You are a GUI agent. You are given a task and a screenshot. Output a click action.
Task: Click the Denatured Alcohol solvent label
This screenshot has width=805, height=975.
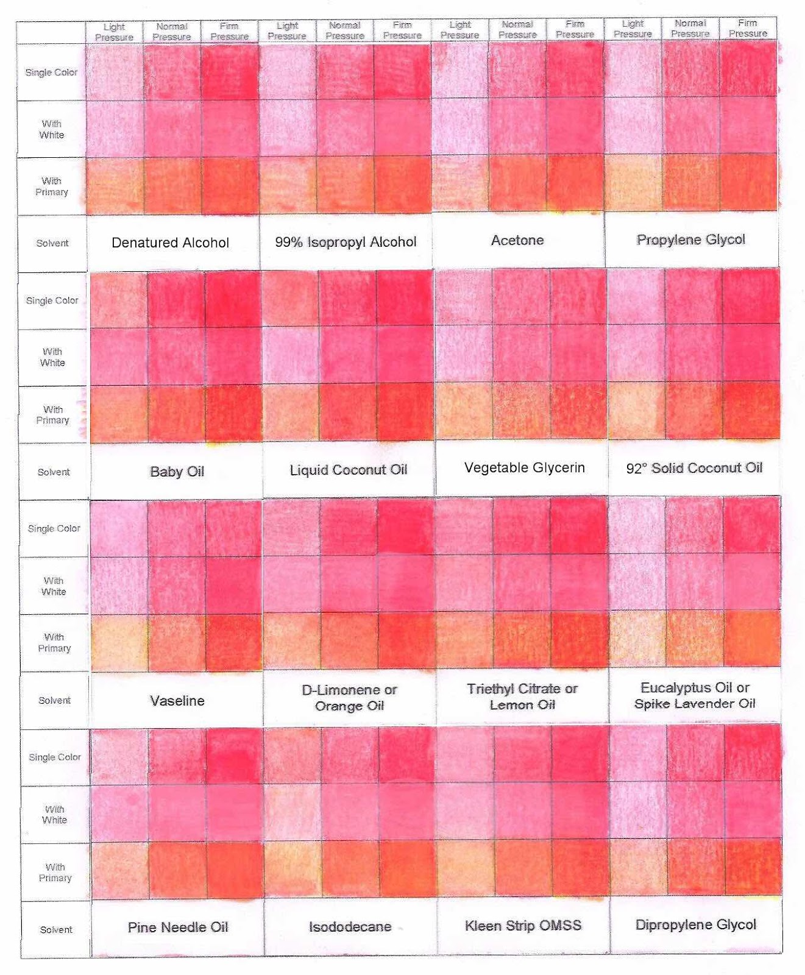pyautogui.click(x=170, y=243)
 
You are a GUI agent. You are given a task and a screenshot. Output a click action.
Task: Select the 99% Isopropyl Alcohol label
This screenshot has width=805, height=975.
pyautogui.click(x=346, y=242)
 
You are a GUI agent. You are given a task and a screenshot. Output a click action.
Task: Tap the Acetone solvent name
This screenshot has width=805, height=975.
pyautogui.click(x=517, y=240)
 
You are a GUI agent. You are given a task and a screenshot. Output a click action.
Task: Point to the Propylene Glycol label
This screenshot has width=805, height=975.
pyautogui.click(x=690, y=239)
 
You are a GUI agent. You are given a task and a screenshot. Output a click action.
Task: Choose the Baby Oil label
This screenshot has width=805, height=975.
pyautogui.click(x=177, y=471)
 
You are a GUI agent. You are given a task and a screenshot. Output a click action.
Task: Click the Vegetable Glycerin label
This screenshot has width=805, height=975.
pyautogui.click(x=524, y=467)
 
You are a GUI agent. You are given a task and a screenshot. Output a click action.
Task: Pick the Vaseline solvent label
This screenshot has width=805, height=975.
pyautogui.click(x=177, y=701)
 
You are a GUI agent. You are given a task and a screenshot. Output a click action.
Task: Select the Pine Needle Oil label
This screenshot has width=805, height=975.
pyautogui.click(x=178, y=927)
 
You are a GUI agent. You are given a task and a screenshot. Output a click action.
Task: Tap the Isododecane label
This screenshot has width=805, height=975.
pyautogui.click(x=350, y=927)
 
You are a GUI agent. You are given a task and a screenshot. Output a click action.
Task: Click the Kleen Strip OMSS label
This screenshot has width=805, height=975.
pyautogui.click(x=523, y=926)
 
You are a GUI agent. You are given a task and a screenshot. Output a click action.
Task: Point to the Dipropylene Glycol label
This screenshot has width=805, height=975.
pyautogui.click(x=695, y=924)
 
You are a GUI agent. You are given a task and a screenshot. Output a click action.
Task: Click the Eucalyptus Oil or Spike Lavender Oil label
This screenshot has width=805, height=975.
pyautogui.click(x=695, y=695)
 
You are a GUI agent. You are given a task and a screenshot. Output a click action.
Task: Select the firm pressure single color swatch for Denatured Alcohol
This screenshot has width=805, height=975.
pyautogui.click(x=230, y=72)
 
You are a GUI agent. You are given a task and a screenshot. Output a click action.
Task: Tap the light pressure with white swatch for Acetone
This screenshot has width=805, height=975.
pyautogui.click(x=460, y=126)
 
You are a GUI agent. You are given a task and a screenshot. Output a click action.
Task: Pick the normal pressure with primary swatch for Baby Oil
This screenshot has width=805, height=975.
pyautogui.click(x=176, y=414)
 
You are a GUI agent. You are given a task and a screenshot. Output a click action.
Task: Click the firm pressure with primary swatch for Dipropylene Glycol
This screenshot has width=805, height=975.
pyautogui.click(x=753, y=867)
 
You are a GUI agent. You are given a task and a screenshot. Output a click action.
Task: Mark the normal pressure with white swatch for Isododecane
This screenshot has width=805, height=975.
pyautogui.click(x=350, y=811)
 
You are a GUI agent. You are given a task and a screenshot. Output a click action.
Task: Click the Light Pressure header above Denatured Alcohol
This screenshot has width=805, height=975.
pyautogui.click(x=114, y=32)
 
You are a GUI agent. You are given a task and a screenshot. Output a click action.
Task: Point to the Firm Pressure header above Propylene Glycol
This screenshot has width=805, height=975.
pyautogui.click(x=748, y=28)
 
